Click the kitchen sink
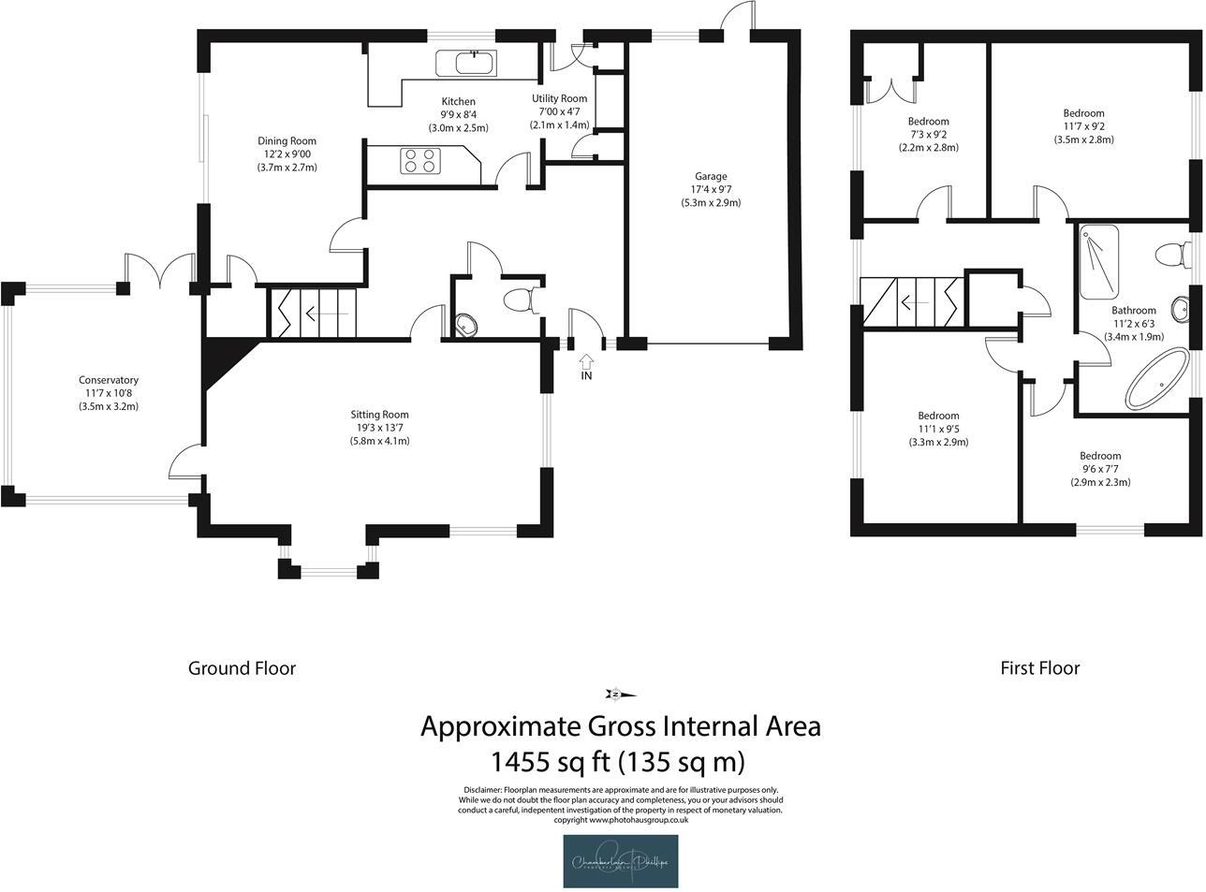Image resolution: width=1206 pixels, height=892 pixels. [x=474, y=63]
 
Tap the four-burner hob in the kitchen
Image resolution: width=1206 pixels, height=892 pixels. [x=419, y=161]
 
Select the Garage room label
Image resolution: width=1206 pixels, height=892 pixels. [x=711, y=176]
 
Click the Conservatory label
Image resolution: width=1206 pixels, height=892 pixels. [x=109, y=380]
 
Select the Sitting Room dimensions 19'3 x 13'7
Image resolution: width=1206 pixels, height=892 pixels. [x=379, y=428]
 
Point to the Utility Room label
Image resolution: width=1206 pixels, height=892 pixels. [x=560, y=98]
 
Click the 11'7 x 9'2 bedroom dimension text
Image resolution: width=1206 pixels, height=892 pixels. [x=1083, y=126]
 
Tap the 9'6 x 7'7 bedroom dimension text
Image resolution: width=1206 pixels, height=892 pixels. [x=1100, y=470]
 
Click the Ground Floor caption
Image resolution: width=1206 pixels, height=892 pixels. [x=242, y=668]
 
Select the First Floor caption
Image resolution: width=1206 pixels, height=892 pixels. [x=1039, y=668]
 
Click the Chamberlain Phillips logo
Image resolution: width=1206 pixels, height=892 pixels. [x=621, y=861]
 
